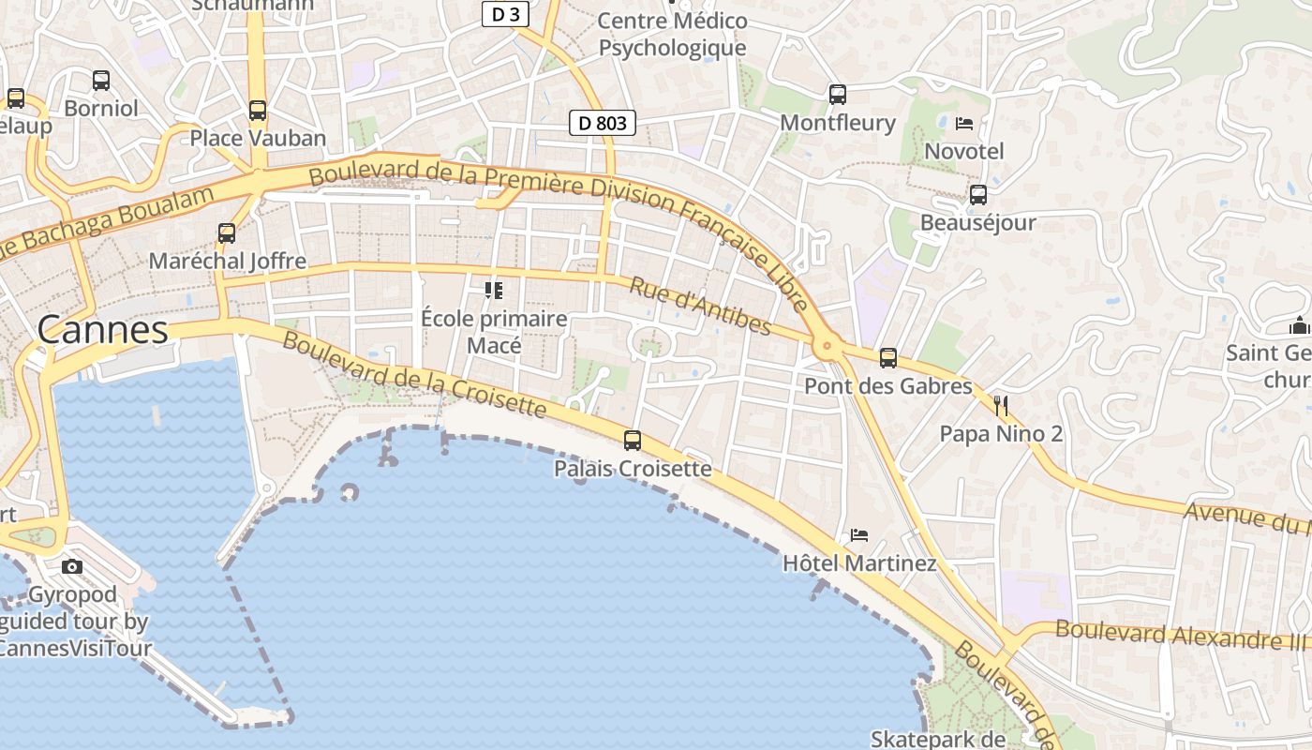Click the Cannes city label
click(x=103, y=330)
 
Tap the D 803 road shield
click(x=603, y=123)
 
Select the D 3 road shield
click(x=506, y=14)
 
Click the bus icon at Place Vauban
click(x=258, y=111)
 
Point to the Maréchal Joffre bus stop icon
click(x=227, y=233)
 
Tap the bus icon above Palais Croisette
click(x=633, y=441)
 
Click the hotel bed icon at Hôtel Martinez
click(x=858, y=536)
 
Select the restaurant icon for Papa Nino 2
click(x=1001, y=406)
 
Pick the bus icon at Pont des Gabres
click(x=887, y=358)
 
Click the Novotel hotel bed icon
click(x=964, y=124)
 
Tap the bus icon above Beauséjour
click(x=977, y=195)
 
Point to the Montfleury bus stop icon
click(x=838, y=95)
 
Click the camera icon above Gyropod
click(x=72, y=566)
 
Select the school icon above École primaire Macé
click(x=494, y=291)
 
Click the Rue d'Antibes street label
click(x=699, y=306)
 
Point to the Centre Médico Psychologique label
click(x=672, y=35)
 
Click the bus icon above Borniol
click(x=101, y=81)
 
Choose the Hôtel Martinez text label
click(x=859, y=563)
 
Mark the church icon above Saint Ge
click(x=1299, y=326)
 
